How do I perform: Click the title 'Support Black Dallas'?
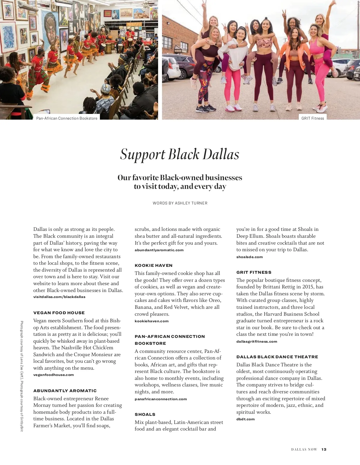coord(180,154)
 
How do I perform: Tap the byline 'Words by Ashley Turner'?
coord(180,203)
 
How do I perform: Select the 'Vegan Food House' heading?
coord(59,313)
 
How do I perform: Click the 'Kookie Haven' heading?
coord(154,265)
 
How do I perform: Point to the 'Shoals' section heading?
coord(145,414)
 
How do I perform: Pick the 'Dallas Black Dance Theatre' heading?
coord(277,357)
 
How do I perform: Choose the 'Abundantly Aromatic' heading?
coord(65,391)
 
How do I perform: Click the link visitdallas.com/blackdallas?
coord(59,297)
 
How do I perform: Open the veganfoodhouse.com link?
coord(53,375)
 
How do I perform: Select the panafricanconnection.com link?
coord(160,399)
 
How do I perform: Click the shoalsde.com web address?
coord(249,257)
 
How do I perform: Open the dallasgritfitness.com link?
coord(256,341)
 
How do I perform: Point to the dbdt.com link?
coord(245,419)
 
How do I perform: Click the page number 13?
coord(324,449)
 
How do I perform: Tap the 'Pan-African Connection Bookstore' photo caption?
coord(67,118)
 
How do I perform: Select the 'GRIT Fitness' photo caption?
coord(313,118)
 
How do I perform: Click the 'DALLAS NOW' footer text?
coord(304,449)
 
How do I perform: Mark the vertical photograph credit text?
coord(22,376)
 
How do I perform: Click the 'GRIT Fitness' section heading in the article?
coord(253,272)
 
